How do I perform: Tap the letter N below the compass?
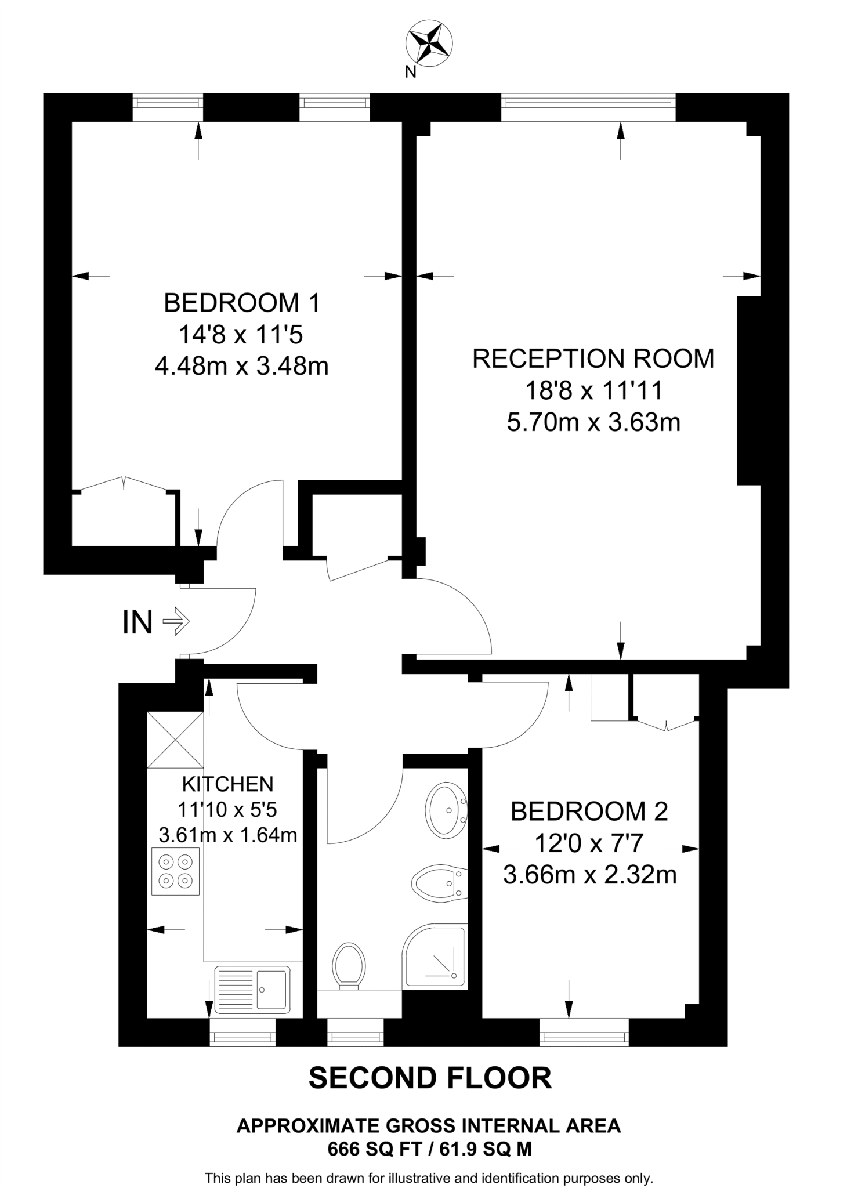(x=410, y=72)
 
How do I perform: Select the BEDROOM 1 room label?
(x=242, y=303)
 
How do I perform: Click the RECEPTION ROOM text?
(x=593, y=358)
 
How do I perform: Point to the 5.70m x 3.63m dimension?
(x=593, y=422)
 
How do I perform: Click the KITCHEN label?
(x=227, y=784)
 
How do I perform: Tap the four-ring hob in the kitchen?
(x=175, y=871)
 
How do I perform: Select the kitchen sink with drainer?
(x=252, y=990)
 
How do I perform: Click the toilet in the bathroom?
(x=349, y=965)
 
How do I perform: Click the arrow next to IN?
(x=176, y=622)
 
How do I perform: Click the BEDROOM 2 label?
(x=589, y=812)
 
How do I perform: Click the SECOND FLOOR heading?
(x=430, y=1078)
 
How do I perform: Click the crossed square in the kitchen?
(x=175, y=740)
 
